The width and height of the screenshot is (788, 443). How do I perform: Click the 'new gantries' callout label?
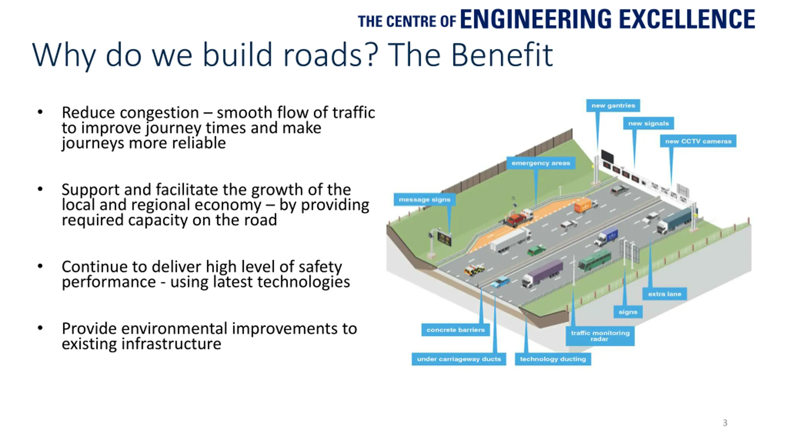point(613,106)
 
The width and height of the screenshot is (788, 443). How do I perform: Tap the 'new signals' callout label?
point(648,123)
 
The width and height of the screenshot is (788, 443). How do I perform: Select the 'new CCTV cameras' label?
point(698,141)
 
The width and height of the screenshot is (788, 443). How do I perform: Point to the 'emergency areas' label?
point(541,163)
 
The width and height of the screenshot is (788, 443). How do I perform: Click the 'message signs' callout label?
point(424,200)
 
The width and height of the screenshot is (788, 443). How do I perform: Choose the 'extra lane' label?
point(665,294)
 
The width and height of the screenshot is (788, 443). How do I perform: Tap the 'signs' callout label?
point(628,312)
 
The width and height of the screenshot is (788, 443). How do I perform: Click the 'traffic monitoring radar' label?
point(600,336)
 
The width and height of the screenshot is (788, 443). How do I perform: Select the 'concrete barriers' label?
point(455,330)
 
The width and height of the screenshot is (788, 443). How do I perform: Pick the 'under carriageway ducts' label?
point(459,359)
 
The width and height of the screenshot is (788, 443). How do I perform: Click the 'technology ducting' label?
point(553,359)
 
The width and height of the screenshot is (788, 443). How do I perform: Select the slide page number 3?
point(725,423)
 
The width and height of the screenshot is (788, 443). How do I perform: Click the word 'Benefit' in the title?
point(502,55)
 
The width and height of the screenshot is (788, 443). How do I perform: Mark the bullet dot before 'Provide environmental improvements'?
point(40,328)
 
